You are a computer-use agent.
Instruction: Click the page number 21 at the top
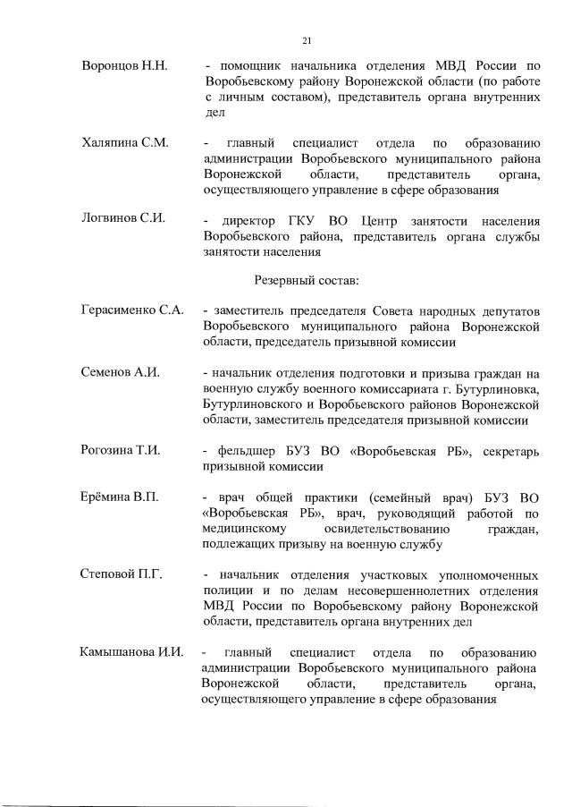click(307, 39)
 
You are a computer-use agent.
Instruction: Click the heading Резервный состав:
click(307, 280)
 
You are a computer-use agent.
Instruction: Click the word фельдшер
click(250, 450)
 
